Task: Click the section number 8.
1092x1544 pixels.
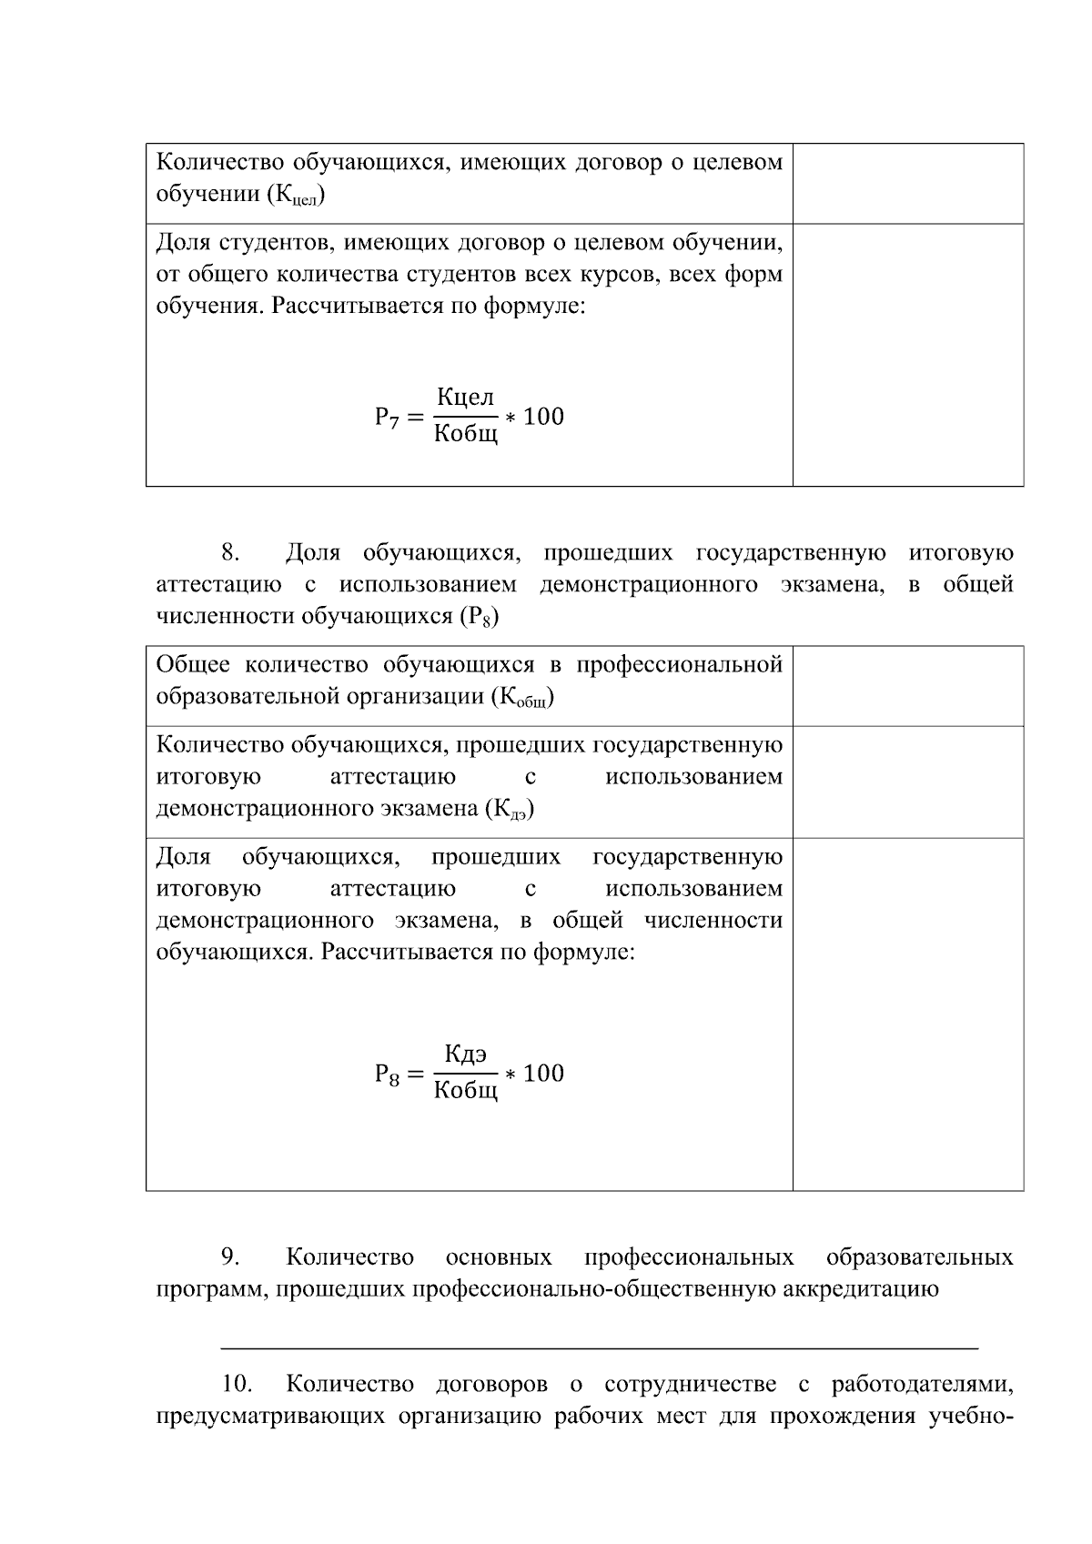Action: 229,553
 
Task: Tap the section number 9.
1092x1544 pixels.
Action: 229,1257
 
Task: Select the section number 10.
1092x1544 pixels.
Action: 236,1385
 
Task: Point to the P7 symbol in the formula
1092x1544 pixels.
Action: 387,418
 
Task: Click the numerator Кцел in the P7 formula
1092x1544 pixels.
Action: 465,398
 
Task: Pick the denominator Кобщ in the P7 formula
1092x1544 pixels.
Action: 465,434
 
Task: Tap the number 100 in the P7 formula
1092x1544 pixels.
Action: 544,417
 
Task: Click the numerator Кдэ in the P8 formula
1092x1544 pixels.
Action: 465,1055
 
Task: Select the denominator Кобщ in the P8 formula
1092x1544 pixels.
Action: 465,1091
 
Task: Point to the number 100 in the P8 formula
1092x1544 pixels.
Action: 544,1074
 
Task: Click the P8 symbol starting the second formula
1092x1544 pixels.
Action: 387,1075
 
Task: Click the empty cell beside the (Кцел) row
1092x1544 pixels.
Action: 907,183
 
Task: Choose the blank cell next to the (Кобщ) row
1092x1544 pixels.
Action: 907,686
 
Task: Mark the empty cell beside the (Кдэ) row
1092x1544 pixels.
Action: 907,782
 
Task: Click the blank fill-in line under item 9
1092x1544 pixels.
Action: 600,1346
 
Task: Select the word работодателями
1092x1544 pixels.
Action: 922,1385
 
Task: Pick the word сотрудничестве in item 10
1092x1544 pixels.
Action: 690,1385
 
